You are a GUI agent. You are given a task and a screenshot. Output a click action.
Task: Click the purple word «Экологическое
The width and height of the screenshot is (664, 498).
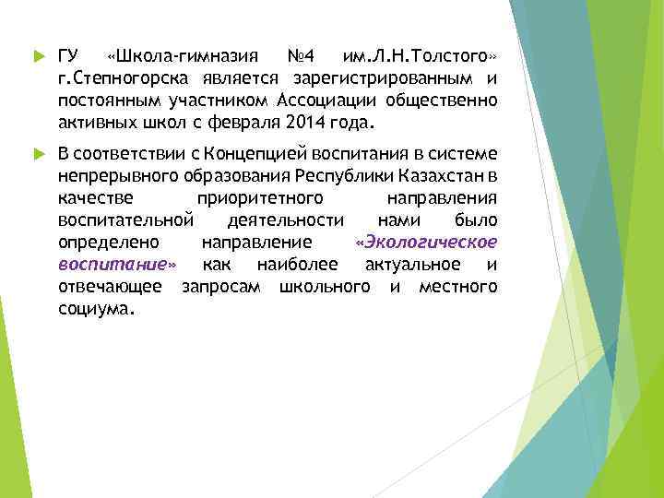pos(426,243)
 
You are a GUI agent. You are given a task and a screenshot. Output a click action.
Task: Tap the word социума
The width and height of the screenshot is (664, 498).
pos(96,310)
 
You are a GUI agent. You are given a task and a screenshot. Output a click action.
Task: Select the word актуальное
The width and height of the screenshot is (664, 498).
pos(412,265)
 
